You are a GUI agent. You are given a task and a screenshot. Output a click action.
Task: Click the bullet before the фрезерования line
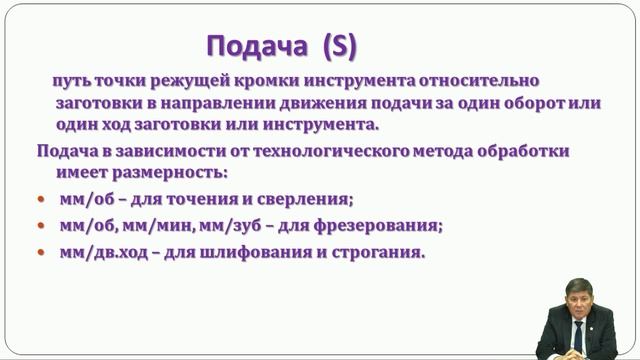click(41, 225)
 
